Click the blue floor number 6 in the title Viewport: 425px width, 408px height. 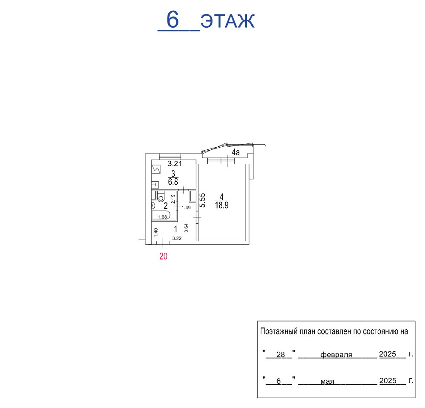point(173,20)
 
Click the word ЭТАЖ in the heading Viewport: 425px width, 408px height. point(228,21)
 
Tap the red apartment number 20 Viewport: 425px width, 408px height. point(164,256)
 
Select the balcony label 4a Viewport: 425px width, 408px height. point(236,152)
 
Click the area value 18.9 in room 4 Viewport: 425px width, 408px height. point(222,205)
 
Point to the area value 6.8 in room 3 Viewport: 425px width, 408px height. point(173,182)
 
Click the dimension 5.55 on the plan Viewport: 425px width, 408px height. point(202,200)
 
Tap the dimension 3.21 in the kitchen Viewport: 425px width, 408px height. point(175,163)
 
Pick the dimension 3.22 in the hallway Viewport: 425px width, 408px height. point(177,238)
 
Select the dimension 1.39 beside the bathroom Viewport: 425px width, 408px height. point(186,208)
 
